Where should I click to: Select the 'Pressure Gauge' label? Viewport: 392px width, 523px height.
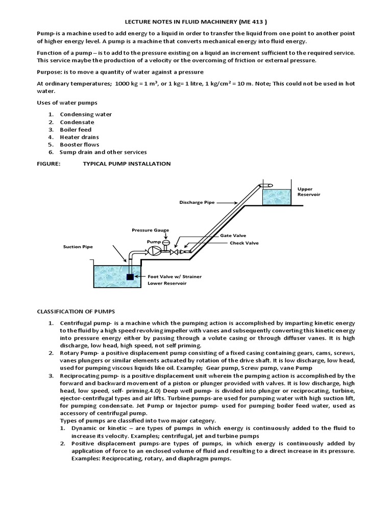tap(150, 230)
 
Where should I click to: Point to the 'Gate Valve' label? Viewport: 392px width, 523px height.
tap(233, 235)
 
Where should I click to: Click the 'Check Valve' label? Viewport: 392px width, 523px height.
tap(244, 243)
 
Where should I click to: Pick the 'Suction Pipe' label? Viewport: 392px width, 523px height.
tap(78, 247)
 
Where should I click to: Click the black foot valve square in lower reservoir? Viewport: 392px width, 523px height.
tap(130, 276)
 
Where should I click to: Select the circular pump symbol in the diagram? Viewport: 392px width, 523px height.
tap(154, 251)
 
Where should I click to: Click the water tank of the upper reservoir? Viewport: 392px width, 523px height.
tap(276, 196)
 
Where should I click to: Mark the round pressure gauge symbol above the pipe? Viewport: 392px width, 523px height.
tap(165, 242)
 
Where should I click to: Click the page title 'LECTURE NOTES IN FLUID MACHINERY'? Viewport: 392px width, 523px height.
tap(196, 22)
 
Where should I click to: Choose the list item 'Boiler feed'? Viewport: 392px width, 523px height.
tap(76, 130)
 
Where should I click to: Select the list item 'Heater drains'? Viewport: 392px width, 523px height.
tap(79, 137)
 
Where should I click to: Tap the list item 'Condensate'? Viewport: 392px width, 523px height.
tap(77, 122)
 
